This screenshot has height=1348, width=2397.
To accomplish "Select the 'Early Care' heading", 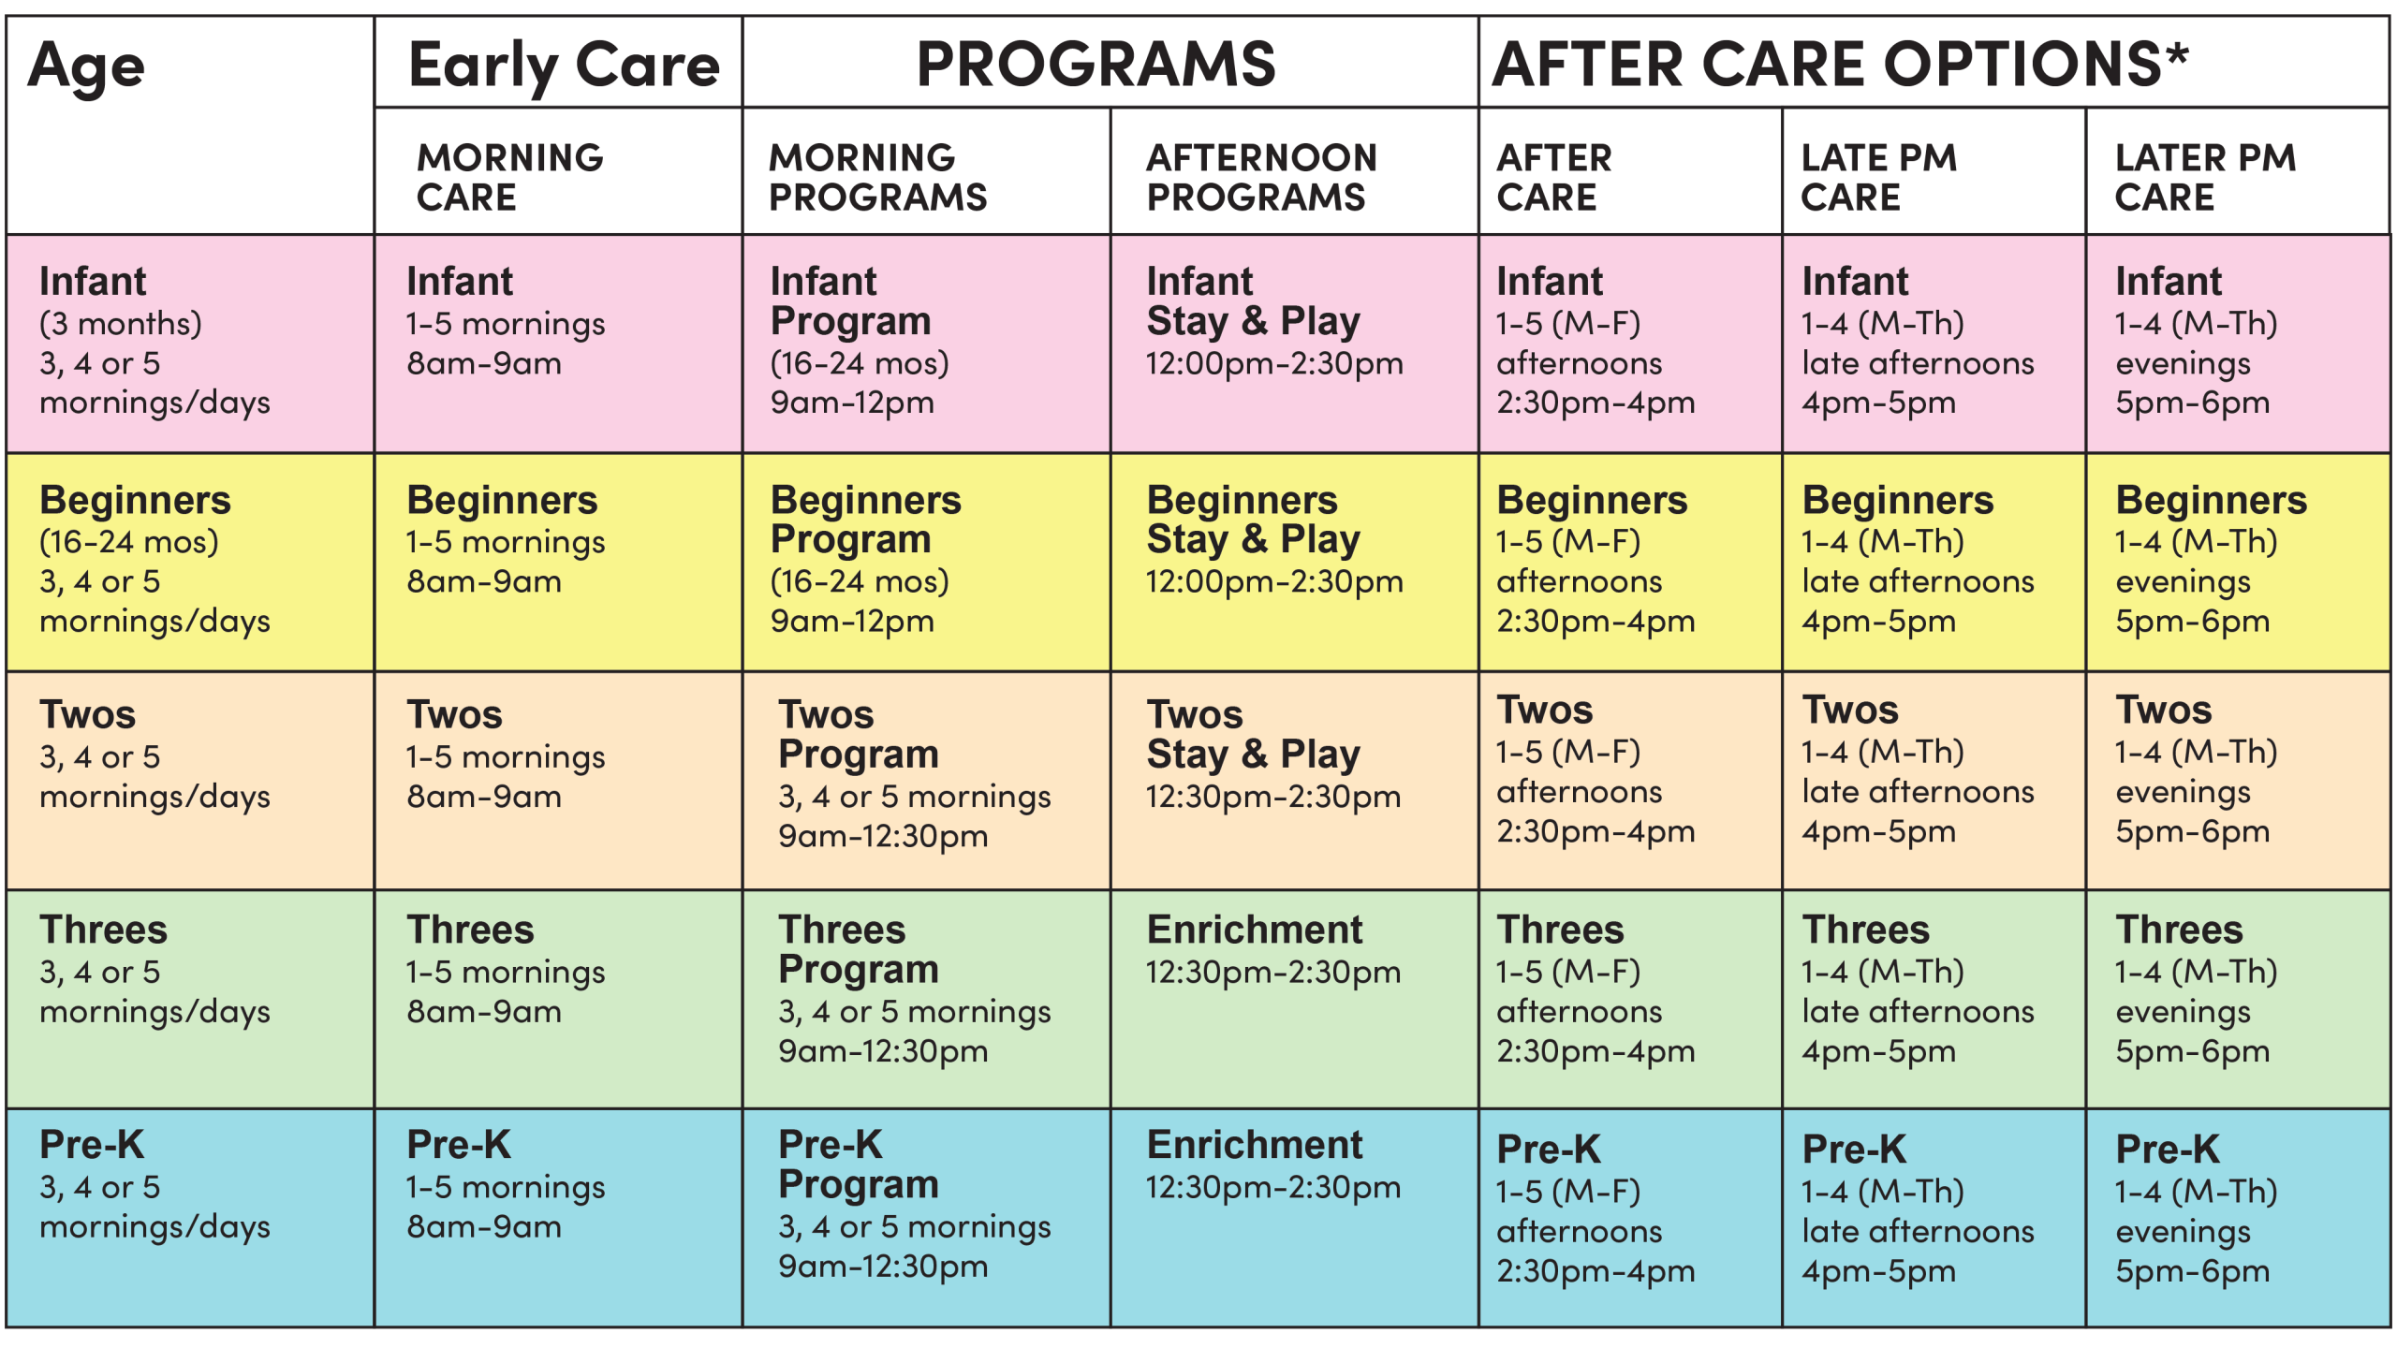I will pyautogui.click(x=564, y=66).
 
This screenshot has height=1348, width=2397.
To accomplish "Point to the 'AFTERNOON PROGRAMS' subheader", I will pyautogui.click(x=1261, y=177).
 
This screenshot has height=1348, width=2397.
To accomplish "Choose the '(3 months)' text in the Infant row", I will pyautogui.click(x=120, y=324).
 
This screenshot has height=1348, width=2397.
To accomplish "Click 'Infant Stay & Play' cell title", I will pyautogui.click(x=1253, y=300).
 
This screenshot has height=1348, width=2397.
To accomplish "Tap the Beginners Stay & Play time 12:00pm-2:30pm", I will pyautogui.click(x=1273, y=582).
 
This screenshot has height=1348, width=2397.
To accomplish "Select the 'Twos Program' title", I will pyautogui.click(x=858, y=734).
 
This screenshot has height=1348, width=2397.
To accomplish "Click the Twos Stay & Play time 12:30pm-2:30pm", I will pyautogui.click(x=1273, y=798).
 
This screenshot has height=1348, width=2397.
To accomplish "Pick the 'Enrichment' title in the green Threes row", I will pyautogui.click(x=1255, y=930).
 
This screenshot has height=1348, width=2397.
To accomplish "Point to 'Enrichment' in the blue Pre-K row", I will pyautogui.click(x=1255, y=1145).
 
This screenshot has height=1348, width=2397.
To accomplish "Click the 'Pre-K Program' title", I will pyautogui.click(x=858, y=1165).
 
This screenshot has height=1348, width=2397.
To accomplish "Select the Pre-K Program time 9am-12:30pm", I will pyautogui.click(x=882, y=1267).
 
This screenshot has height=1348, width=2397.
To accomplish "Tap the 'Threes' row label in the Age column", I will pyautogui.click(x=103, y=930).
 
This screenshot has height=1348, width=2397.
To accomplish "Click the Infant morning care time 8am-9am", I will pyautogui.click(x=483, y=363).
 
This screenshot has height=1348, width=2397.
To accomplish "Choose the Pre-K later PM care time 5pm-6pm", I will pyautogui.click(x=2192, y=1271).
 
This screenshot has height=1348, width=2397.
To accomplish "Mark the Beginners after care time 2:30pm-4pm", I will pyautogui.click(x=1595, y=622).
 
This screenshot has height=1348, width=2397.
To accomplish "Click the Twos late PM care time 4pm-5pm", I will pyautogui.click(x=1878, y=831).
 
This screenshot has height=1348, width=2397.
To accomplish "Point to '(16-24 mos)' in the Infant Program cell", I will pyautogui.click(x=859, y=363).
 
